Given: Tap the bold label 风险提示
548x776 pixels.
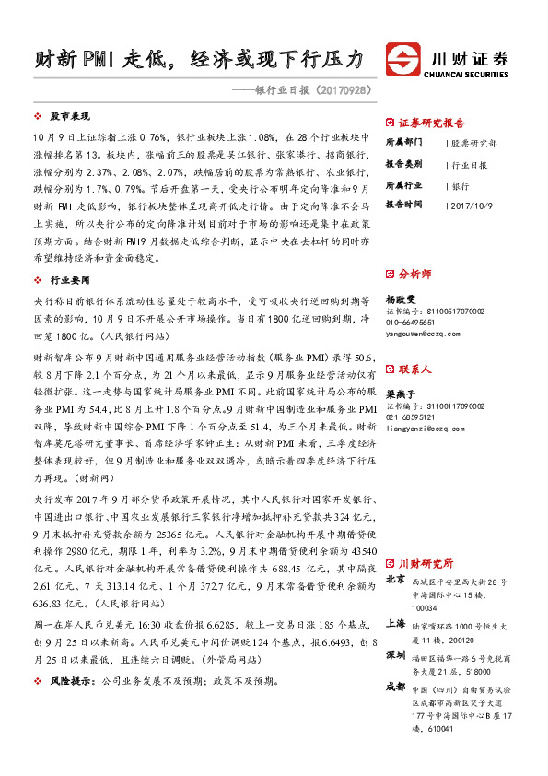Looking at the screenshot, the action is [x=71, y=680].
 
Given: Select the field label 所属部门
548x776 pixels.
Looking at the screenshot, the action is [x=403, y=143].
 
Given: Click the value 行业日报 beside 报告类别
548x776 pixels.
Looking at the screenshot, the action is [x=470, y=164].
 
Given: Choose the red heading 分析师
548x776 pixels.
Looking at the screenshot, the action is [x=414, y=274].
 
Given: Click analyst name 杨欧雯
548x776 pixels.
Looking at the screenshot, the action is [x=399, y=300].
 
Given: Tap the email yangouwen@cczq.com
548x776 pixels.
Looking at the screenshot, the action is [x=428, y=335].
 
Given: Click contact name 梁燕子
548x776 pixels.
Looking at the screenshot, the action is [x=399, y=393].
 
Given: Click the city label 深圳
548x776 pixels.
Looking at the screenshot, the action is [x=394, y=654].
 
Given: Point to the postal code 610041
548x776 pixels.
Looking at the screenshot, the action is [x=440, y=728].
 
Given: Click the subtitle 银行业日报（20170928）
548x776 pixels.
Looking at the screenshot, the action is [x=305, y=90].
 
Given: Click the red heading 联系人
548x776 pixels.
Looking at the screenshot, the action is [x=414, y=369].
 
